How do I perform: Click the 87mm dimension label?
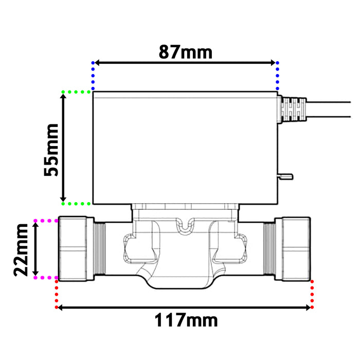coord(185,51)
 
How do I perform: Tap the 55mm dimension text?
coord(52,150)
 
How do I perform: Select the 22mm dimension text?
coord(21,249)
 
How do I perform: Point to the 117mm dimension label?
coord(186,320)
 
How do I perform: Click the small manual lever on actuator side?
coord(286,176)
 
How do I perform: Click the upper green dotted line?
coord(77,92)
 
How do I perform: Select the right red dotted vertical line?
coord(312,293)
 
